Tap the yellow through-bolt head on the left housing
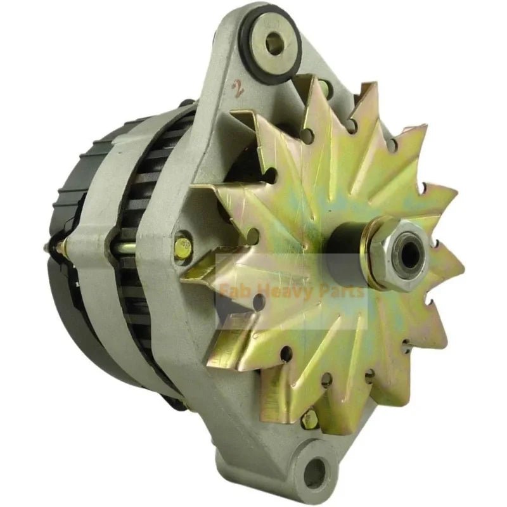click(x=183, y=244)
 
